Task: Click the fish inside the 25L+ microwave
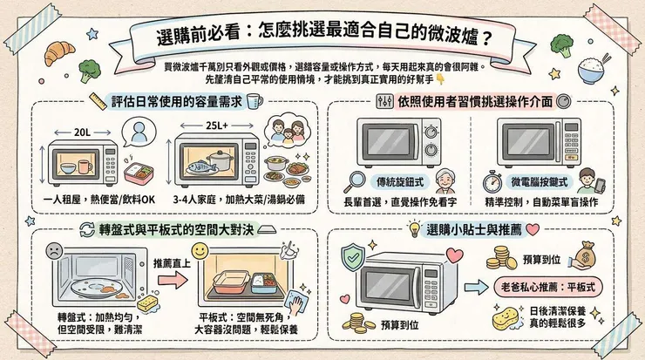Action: coord(201,162)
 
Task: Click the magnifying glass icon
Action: coord(355,182)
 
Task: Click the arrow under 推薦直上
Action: coord(174,280)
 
